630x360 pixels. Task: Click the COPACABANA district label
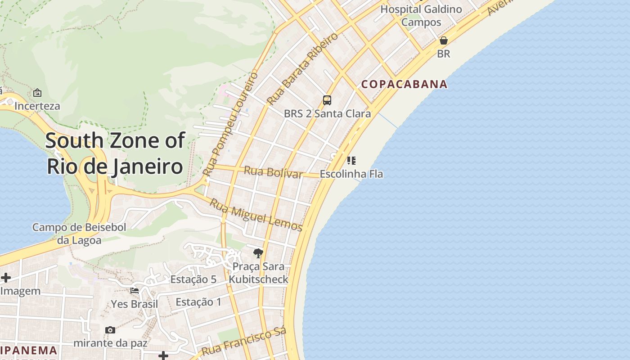pos(405,84)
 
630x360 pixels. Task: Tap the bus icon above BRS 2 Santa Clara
pos(327,100)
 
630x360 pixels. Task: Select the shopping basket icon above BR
pos(444,40)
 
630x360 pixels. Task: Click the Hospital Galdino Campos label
pos(421,15)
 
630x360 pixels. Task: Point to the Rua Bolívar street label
pos(273,172)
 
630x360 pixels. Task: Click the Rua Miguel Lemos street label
pos(256,215)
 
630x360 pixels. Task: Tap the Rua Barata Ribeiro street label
pos(302,68)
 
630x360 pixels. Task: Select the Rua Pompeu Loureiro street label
pos(230,123)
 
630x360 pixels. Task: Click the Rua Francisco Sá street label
pos(244,342)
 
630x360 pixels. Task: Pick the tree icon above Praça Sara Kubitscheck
pos(258,253)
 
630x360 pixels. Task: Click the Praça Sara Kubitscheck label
pos(258,273)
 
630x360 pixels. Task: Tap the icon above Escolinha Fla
pos(351,160)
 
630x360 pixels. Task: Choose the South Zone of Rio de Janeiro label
pos(115,153)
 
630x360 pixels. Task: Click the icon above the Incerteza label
pos(37,93)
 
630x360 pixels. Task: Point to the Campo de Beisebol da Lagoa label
pos(79,234)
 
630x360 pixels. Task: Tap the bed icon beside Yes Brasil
pos(135,290)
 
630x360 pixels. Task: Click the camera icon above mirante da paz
pos(110,330)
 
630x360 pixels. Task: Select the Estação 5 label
pos(193,279)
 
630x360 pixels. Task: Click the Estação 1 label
pos(198,302)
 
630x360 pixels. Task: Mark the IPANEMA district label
pos(29,351)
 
